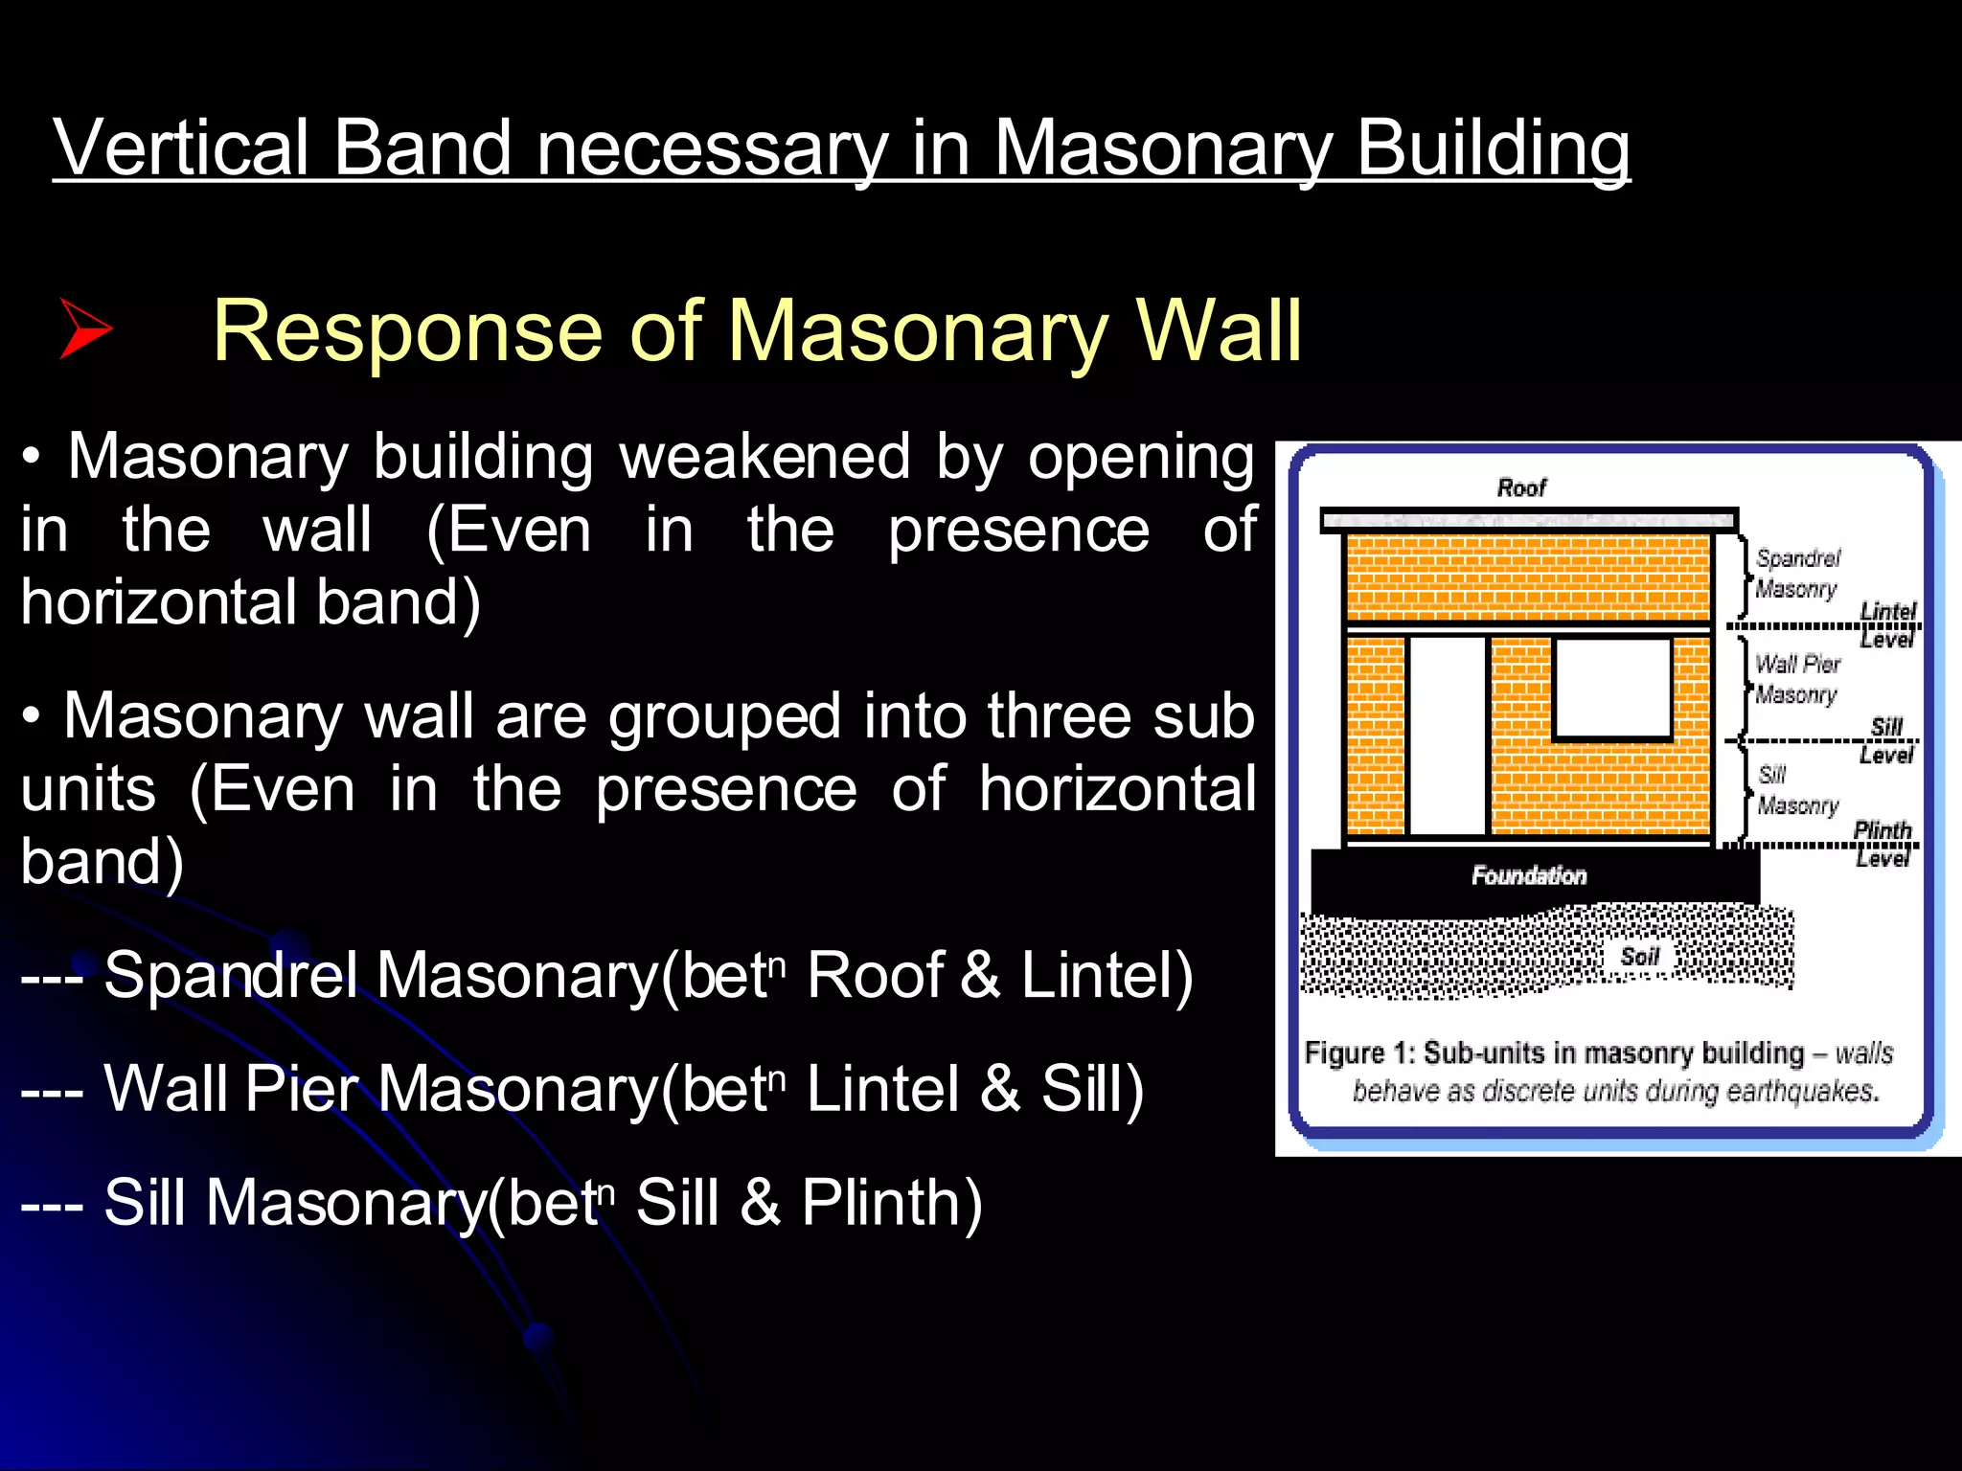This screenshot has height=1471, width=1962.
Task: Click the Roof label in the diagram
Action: click(1520, 488)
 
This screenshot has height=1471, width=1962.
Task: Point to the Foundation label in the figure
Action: click(1529, 875)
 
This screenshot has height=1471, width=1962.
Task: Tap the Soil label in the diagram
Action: click(1639, 957)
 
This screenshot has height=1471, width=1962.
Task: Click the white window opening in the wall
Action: click(1612, 689)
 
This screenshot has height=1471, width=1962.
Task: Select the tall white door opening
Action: click(1447, 735)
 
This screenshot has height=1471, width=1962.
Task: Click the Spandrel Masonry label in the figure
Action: click(1797, 573)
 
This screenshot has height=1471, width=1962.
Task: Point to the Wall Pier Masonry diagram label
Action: click(1797, 679)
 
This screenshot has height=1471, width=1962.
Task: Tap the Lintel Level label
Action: click(1887, 624)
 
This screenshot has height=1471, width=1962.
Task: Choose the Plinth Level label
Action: click(1882, 843)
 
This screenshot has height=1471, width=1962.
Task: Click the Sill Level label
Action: click(1886, 740)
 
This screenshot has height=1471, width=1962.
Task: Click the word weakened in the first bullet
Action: click(764, 457)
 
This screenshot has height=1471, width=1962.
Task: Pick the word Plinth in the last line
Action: click(891, 1203)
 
